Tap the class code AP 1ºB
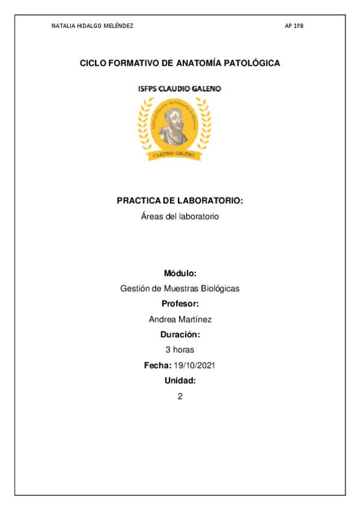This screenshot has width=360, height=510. coord(294,26)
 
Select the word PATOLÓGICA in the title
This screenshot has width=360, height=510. coord(254,63)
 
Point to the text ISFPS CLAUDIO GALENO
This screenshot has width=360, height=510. coord(180,88)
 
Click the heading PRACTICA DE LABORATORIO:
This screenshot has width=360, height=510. coord(180,201)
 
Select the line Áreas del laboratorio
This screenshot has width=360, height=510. coord(180,216)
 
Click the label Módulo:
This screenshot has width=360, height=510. coord(180,273)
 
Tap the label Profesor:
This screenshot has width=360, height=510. coord(180,304)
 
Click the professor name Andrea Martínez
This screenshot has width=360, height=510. coord(180,319)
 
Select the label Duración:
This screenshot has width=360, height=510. coord(180,334)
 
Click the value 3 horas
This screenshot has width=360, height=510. coord(180,349)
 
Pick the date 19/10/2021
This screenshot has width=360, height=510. coord(195,365)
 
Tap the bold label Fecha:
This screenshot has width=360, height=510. coord(157,365)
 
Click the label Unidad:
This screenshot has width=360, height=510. coord(180,381)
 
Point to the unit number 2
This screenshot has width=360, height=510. coord(180,396)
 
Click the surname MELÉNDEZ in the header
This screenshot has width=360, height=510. coord(118,26)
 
